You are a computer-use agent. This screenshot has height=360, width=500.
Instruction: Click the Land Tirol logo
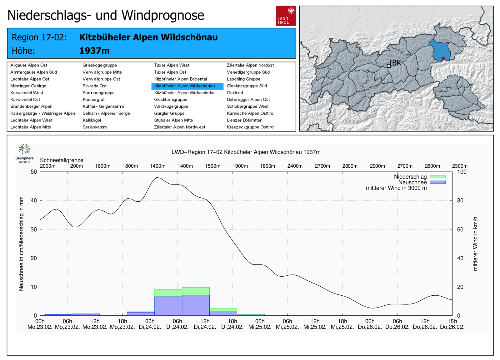[x=286, y=16]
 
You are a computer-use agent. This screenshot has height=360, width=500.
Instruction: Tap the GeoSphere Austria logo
[x=24, y=153]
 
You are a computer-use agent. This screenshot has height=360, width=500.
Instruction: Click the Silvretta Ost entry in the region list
[x=94, y=86]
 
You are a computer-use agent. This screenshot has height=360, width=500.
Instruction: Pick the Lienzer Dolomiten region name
[x=244, y=120]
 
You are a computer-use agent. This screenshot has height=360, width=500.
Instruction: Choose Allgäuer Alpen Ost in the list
[x=29, y=65]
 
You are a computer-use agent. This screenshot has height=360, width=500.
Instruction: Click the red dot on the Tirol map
[x=443, y=58]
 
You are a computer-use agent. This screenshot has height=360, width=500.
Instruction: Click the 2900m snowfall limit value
[x=377, y=166]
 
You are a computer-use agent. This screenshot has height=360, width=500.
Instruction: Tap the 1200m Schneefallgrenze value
[x=75, y=166]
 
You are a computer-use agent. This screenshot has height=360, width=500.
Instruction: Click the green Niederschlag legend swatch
[x=437, y=177]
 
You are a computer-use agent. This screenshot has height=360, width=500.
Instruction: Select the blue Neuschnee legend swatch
[x=437, y=182]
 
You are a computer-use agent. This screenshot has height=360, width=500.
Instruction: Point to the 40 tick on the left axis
[x=34, y=200]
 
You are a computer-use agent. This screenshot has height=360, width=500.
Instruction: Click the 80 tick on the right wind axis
[x=460, y=200]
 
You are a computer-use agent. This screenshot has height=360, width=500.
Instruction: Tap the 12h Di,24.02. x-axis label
[x=205, y=324]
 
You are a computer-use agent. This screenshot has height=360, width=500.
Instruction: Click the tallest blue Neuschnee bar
[x=196, y=305]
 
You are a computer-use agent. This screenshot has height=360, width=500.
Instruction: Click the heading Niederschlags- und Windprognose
[x=106, y=15]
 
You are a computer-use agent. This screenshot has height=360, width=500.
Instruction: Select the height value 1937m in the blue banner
[x=94, y=51]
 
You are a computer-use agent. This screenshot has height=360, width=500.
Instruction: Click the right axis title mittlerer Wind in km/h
[x=475, y=244]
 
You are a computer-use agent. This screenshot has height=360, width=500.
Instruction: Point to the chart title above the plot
[x=246, y=152]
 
